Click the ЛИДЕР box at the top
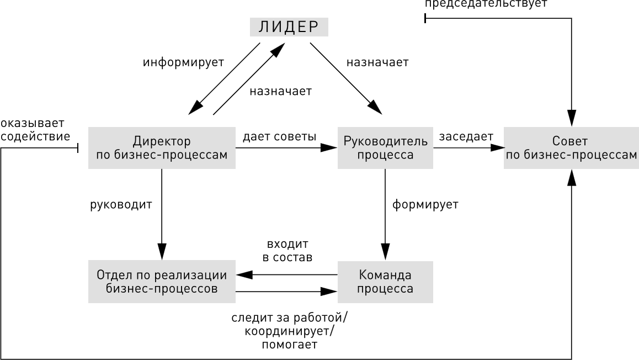(289, 27)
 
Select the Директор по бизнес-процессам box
(162, 148)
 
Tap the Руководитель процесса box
(385, 148)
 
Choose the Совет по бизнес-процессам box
(571, 148)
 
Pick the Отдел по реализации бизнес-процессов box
(162, 282)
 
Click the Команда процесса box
(385, 282)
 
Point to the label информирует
(183, 62)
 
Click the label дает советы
(279, 136)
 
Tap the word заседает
(466, 136)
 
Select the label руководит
(121, 204)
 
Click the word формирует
(425, 204)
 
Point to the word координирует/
(289, 331)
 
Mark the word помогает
(289, 345)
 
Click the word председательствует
(486, 4)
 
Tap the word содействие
(35, 136)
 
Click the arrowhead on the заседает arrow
(498, 147)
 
